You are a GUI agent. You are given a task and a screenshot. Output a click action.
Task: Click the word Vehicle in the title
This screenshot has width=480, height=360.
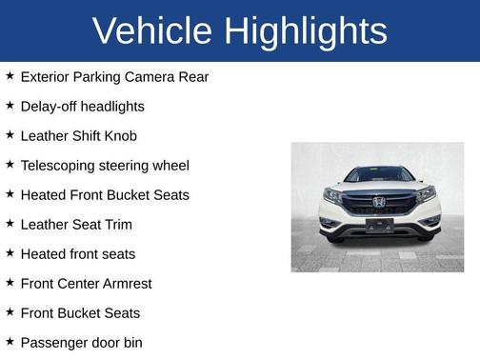point(151,30)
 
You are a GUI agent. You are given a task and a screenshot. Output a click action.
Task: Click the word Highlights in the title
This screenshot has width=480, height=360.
point(307,30)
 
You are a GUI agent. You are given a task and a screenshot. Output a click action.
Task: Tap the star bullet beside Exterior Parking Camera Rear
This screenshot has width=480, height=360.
point(10,75)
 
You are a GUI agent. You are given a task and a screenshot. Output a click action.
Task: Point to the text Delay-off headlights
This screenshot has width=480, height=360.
point(82,106)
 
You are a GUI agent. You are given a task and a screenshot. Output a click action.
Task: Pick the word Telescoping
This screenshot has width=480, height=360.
point(60,165)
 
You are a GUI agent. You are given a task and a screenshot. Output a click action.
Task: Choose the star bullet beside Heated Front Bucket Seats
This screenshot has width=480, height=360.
point(10,193)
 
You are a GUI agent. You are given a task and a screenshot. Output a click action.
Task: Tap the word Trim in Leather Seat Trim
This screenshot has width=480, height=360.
point(115,224)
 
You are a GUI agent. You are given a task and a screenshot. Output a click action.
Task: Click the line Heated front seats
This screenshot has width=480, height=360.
point(78,253)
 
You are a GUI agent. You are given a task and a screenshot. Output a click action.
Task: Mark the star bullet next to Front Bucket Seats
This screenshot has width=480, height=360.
point(10,311)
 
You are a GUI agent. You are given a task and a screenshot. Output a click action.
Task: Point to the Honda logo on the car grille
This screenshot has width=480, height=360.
point(378,202)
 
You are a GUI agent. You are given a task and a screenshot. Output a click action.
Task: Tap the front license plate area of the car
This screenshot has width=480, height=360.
point(378,226)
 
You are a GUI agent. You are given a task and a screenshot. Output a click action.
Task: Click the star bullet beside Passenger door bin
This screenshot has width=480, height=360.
point(10,341)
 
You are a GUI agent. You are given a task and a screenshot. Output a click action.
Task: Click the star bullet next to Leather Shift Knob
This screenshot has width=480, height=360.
point(10,134)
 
